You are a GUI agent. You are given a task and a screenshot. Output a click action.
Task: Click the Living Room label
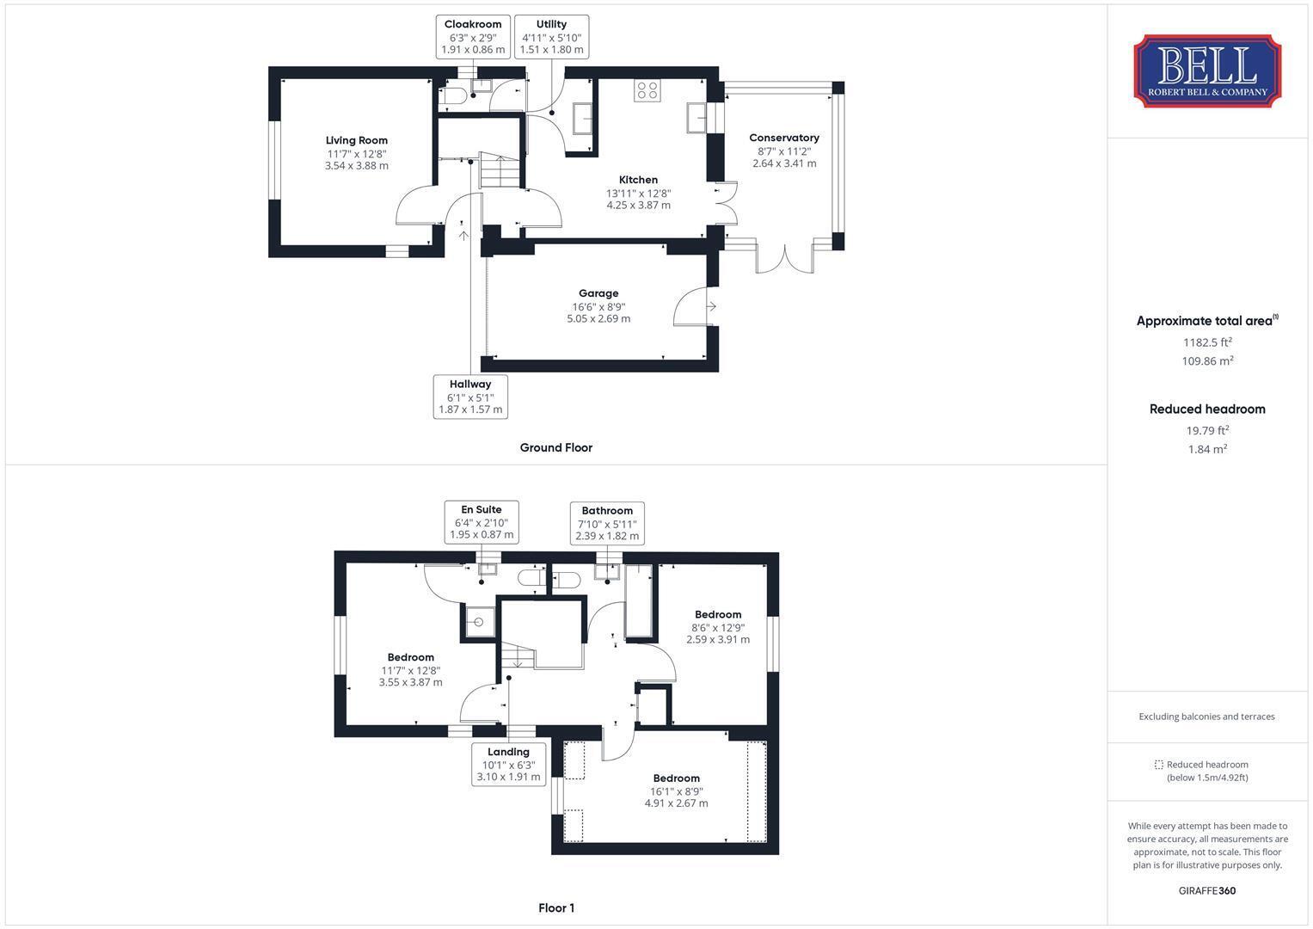pyautogui.click(x=356, y=140)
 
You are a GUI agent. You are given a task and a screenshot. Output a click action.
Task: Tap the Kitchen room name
pyautogui.click(x=638, y=180)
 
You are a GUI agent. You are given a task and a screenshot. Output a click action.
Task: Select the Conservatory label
pyautogui.click(x=784, y=138)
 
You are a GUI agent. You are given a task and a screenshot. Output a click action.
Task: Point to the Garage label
pyautogui.click(x=598, y=293)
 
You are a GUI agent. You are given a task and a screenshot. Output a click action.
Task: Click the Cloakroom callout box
pyautogui.click(x=473, y=37)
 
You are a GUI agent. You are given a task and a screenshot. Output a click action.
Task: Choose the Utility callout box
pyautogui.click(x=551, y=37)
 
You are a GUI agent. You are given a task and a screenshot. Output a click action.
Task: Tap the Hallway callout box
pyautogui.click(x=470, y=397)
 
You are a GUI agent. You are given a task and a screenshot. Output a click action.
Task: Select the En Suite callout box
pyautogui.click(x=482, y=522)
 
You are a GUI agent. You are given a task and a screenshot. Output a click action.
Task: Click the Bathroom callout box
pyautogui.click(x=607, y=523)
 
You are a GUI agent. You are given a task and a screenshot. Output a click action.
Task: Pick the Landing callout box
pyautogui.click(x=509, y=764)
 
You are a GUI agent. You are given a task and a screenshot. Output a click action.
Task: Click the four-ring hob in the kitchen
pyautogui.click(x=647, y=90)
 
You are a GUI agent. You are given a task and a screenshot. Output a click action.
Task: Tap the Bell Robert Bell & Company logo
pyautogui.click(x=1207, y=71)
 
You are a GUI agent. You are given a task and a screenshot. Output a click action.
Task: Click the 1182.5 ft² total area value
pyautogui.click(x=1207, y=342)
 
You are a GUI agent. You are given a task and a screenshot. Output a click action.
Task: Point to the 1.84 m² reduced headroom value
pyautogui.click(x=1207, y=449)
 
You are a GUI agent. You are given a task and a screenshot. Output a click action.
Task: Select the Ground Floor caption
pyautogui.click(x=556, y=447)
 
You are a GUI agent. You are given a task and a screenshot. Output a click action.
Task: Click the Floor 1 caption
pyautogui.click(x=556, y=907)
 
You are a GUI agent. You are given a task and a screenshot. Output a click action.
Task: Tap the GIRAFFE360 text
pyautogui.click(x=1207, y=890)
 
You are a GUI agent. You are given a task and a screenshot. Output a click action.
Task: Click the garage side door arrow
pyautogui.click(x=711, y=306)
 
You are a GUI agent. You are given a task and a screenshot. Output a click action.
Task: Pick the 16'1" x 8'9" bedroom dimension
pyautogui.click(x=677, y=791)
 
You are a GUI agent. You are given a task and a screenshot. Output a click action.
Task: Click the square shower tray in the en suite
pyautogui.click(x=478, y=622)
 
